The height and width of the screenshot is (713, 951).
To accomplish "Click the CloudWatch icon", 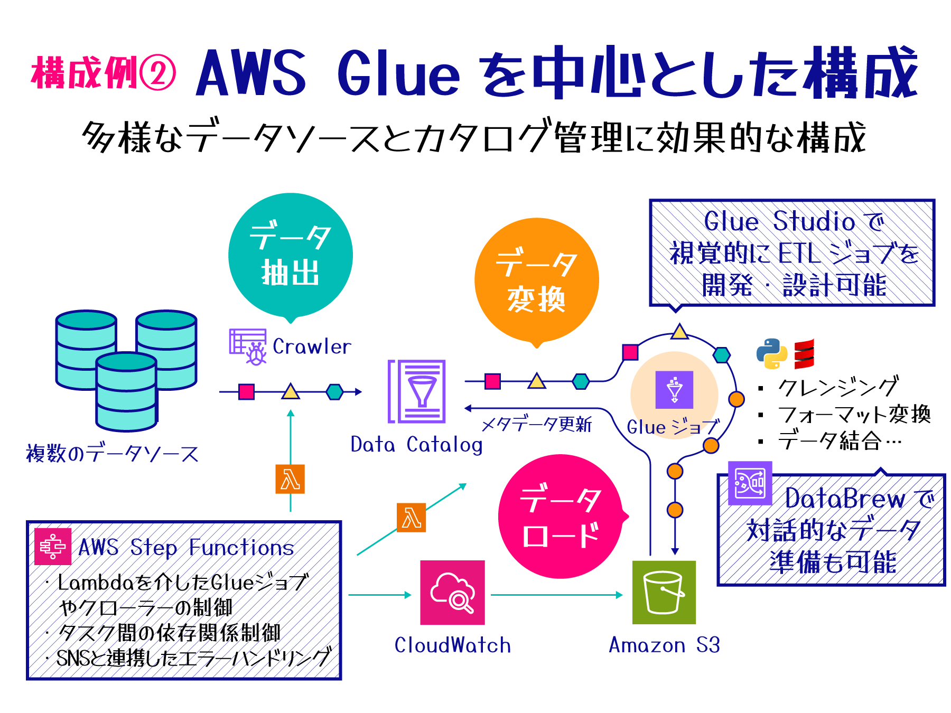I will [x=452, y=593].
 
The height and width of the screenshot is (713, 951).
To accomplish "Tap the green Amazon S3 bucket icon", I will [x=664, y=593].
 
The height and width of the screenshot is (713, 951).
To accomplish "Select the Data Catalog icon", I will [x=417, y=391].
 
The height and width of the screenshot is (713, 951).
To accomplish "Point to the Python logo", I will [x=771, y=353].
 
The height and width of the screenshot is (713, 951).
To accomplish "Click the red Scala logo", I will [x=804, y=354].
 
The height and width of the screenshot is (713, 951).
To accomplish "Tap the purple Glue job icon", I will [x=674, y=390].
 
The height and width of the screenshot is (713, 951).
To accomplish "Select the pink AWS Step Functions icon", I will [x=52, y=546].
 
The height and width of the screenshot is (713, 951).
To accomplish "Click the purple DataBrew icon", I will [x=749, y=483].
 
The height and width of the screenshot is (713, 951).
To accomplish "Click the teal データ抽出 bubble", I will [x=290, y=255].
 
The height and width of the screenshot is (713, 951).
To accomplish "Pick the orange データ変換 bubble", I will [x=536, y=280].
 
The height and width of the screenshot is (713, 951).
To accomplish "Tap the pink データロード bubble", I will [x=560, y=517].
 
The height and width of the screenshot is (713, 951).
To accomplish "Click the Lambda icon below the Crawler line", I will [x=290, y=480].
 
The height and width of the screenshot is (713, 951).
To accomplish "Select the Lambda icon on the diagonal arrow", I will [x=411, y=518].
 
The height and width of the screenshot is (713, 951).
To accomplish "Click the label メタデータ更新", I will [x=536, y=424].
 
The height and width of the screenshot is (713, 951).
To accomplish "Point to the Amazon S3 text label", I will [x=664, y=645].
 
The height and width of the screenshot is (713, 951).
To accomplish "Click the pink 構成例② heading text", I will [x=103, y=73].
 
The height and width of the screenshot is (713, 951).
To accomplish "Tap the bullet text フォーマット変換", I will [x=853, y=415].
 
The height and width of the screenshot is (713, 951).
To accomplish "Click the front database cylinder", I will [x=126, y=391].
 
